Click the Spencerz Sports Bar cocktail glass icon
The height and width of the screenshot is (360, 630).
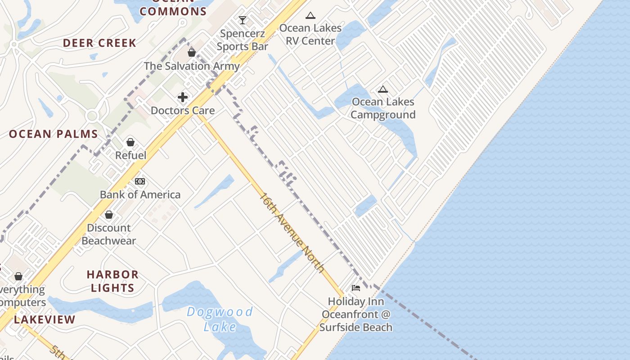243,20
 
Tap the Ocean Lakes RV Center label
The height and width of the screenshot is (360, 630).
310,34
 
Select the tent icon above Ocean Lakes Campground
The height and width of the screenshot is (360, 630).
383,90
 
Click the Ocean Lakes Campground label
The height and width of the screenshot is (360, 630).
383,108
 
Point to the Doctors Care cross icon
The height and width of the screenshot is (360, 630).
183,97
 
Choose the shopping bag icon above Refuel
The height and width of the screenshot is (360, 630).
130,142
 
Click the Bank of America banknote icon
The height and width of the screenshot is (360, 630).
140,181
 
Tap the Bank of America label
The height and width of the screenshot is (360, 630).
140,195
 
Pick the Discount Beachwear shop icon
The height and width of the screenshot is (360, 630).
109,215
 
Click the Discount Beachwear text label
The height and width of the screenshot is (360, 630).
109,234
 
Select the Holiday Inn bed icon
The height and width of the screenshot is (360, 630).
356,288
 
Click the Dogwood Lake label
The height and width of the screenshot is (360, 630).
220,319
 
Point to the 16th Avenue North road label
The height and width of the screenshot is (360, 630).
292,233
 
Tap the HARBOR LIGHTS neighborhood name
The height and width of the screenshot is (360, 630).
112,281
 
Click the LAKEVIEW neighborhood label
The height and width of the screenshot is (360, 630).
45,320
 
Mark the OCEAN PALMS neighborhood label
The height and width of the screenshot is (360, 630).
54,134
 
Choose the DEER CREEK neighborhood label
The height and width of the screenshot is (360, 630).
99,43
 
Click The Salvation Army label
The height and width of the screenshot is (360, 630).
192,66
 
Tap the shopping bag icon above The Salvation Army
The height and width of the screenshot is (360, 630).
192,53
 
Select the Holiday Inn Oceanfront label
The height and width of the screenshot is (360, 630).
356,314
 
